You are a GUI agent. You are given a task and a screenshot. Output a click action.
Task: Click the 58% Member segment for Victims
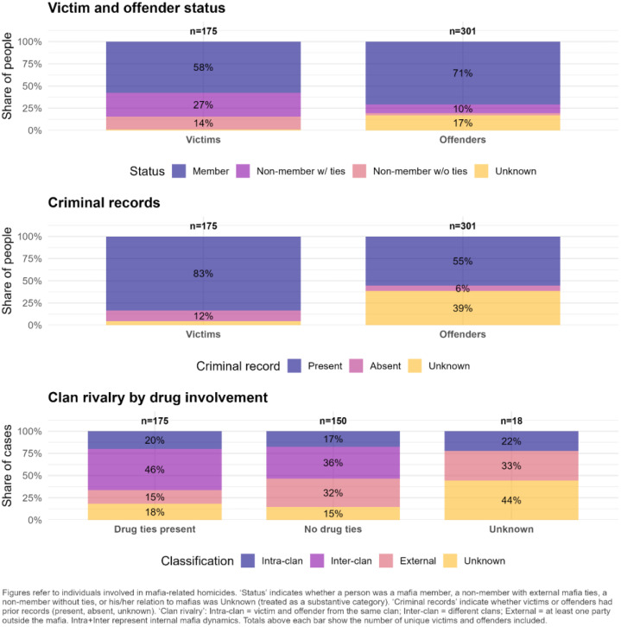click(203, 66)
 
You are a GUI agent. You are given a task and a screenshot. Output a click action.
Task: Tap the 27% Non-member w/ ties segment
click(203, 104)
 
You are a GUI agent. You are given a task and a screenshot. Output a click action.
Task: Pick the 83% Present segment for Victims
click(203, 273)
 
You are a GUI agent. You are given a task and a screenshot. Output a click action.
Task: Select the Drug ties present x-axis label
click(155, 529)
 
